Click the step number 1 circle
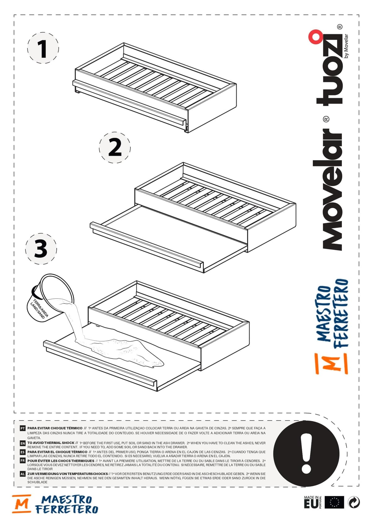(x=43, y=48)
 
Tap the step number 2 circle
(x=115, y=147)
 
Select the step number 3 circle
(x=41, y=249)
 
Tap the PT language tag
(x=22, y=429)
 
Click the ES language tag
(x=22, y=452)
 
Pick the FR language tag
(x=22, y=461)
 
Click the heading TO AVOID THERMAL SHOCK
(x=51, y=443)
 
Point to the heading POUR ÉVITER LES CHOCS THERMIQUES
(x=61, y=461)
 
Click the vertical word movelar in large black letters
(x=327, y=189)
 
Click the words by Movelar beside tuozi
(x=346, y=46)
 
